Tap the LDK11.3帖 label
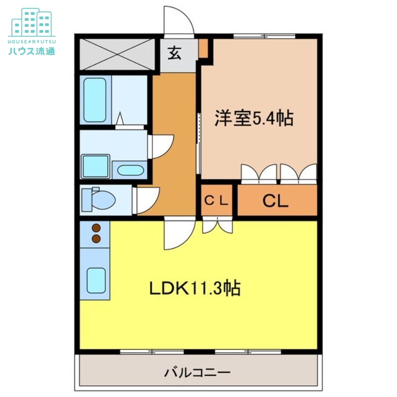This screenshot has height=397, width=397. pyautogui.click(x=196, y=288)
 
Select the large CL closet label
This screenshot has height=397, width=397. pyautogui.click(x=275, y=201)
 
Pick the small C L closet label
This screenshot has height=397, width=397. pyautogui.click(x=216, y=201)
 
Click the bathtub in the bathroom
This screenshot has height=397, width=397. pyautogui.click(x=95, y=100)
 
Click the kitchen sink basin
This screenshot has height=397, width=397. pyautogui.click(x=96, y=280)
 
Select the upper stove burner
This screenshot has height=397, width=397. pyautogui.click(x=96, y=228)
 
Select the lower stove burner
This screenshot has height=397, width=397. pyautogui.click(x=96, y=239)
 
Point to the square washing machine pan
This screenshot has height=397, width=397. pyautogui.click(x=95, y=166)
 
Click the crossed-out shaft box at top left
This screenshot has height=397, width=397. pyautogui.click(x=117, y=53)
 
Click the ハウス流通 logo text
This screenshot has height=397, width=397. pyautogui.click(x=32, y=51)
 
